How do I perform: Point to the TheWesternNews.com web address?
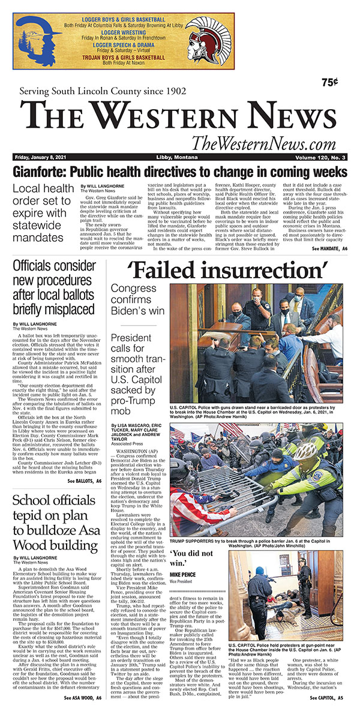[x=263, y=144]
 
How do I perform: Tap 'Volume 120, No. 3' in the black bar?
[x=319, y=157]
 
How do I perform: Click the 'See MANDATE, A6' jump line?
[x=328, y=248]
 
